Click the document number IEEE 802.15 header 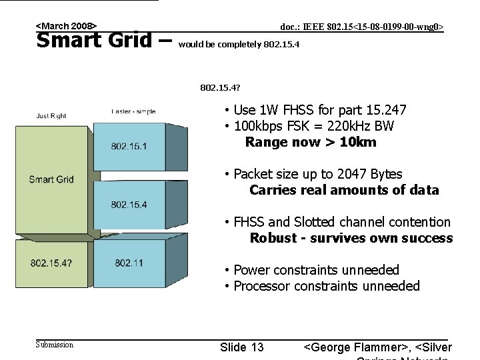tap(361, 27)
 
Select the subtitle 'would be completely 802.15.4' tap(239, 45)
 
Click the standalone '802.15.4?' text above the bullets tap(221, 87)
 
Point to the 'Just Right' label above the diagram tap(51, 116)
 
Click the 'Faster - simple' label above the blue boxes tap(133, 111)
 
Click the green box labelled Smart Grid tap(51, 179)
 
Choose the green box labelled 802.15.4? tap(51, 263)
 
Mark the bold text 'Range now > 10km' tap(311, 142)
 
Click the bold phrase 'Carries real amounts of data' tap(344, 190)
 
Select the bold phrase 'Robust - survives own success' tap(351, 238)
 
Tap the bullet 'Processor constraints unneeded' tap(326, 286)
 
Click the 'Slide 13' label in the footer tap(241, 347)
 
